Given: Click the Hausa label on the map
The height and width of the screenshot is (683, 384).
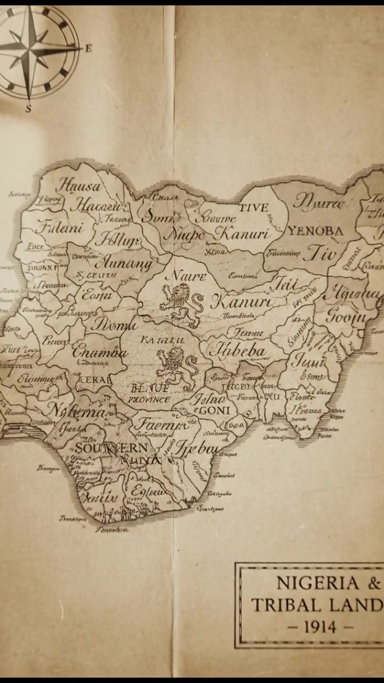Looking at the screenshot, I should tap(79, 186).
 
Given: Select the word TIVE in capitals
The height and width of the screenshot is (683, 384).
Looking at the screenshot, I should tap(253, 207).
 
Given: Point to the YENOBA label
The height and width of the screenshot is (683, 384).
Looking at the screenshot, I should tap(315, 231).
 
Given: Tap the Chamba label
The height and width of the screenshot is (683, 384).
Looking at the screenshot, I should tap(99, 352).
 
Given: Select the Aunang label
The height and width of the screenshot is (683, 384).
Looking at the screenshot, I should tap(123, 263).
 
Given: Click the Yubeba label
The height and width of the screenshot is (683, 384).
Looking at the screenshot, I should tap(238, 351).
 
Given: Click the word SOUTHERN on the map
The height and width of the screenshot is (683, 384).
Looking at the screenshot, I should tap(110, 448).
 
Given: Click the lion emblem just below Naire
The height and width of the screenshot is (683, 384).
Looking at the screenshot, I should tap(180, 304).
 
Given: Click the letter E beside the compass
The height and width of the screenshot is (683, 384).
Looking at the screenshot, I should tap(89, 49).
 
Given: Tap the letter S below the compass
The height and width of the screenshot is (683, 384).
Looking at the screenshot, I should tap(28, 108).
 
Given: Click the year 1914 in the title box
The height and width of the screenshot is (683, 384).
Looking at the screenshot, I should tap(320, 627).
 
